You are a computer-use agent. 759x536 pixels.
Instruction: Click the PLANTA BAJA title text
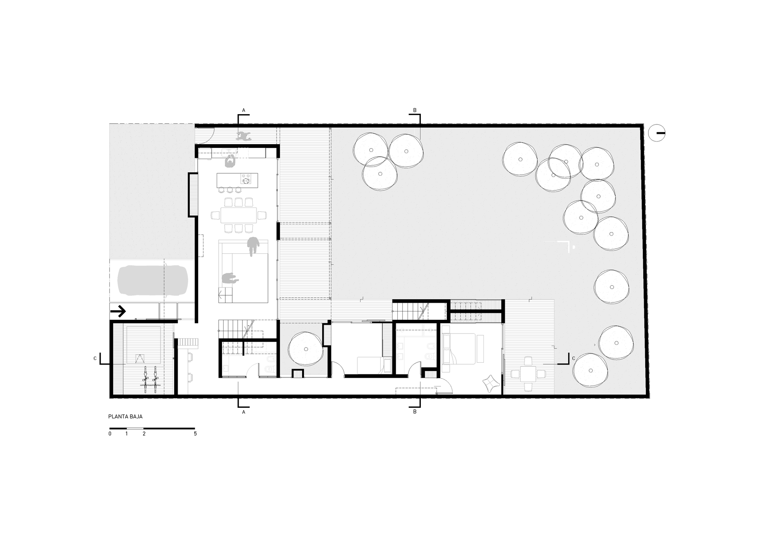125,416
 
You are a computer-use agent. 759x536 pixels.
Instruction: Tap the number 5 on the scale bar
195,434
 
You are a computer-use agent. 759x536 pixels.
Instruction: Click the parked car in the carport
153,280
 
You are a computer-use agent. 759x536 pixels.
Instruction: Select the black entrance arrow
118,312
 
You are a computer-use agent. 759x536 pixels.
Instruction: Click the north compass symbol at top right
657,133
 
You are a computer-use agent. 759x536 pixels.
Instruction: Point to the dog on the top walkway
244,135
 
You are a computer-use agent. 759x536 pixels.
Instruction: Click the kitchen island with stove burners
237,180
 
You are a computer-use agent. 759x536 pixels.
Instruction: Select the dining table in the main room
238,215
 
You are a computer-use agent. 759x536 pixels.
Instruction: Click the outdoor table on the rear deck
528,374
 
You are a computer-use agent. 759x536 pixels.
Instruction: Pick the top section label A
244,110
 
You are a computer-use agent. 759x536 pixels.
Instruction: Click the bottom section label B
414,411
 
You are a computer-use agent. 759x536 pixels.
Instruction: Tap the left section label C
95,358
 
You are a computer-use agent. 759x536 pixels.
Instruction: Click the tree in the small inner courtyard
306,349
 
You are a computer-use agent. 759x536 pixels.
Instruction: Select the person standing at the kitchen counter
230,161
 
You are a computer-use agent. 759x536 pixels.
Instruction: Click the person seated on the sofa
229,279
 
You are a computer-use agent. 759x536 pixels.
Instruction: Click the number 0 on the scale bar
110,434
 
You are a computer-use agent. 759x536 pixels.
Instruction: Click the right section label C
573,358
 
